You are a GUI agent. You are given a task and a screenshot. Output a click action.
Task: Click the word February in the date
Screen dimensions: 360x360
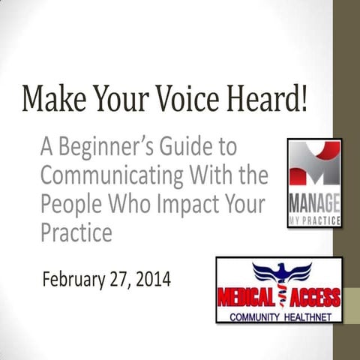73,280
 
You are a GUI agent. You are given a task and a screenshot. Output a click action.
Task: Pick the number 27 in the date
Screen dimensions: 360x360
118,280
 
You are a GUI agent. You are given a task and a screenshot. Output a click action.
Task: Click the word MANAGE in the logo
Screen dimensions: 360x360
314,204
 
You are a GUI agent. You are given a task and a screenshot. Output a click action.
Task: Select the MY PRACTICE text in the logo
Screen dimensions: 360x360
314,222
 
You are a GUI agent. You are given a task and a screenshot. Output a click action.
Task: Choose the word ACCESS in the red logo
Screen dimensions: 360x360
313,296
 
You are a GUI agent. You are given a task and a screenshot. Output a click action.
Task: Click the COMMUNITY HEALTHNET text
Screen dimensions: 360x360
279,316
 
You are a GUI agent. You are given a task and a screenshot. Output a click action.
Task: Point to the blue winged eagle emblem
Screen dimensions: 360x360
279,273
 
